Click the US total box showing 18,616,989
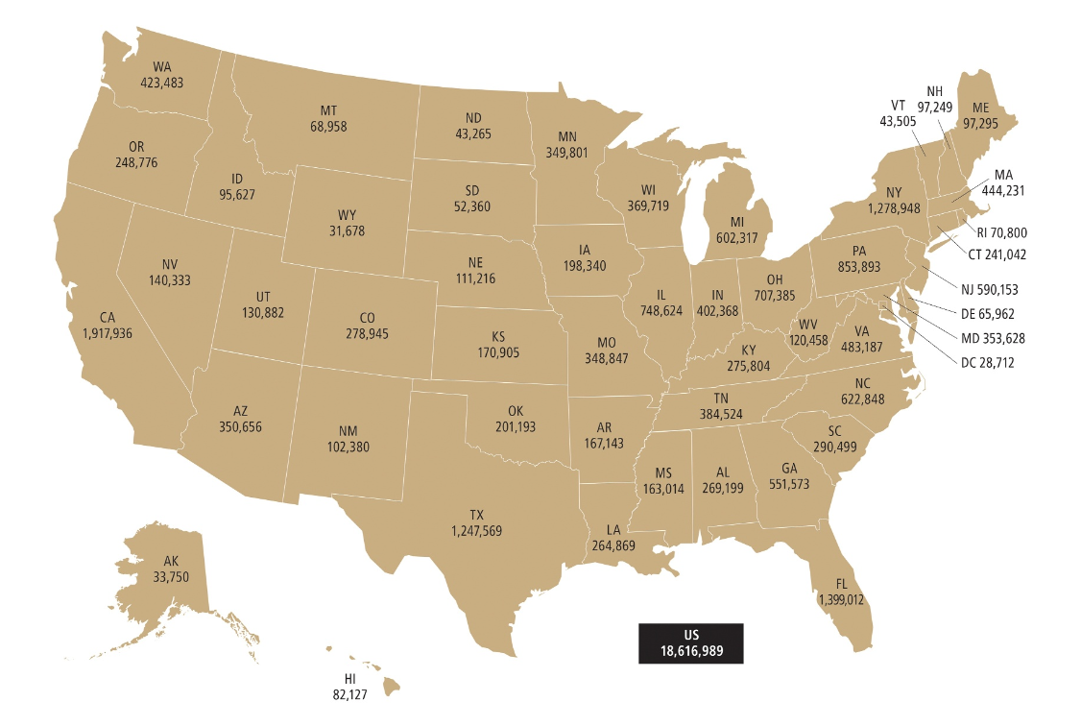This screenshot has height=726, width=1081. coord(690,643)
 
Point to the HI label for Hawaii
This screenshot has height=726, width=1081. coord(349,680)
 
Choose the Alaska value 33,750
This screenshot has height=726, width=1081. coord(170,576)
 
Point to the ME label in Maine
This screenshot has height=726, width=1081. coord(979,108)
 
